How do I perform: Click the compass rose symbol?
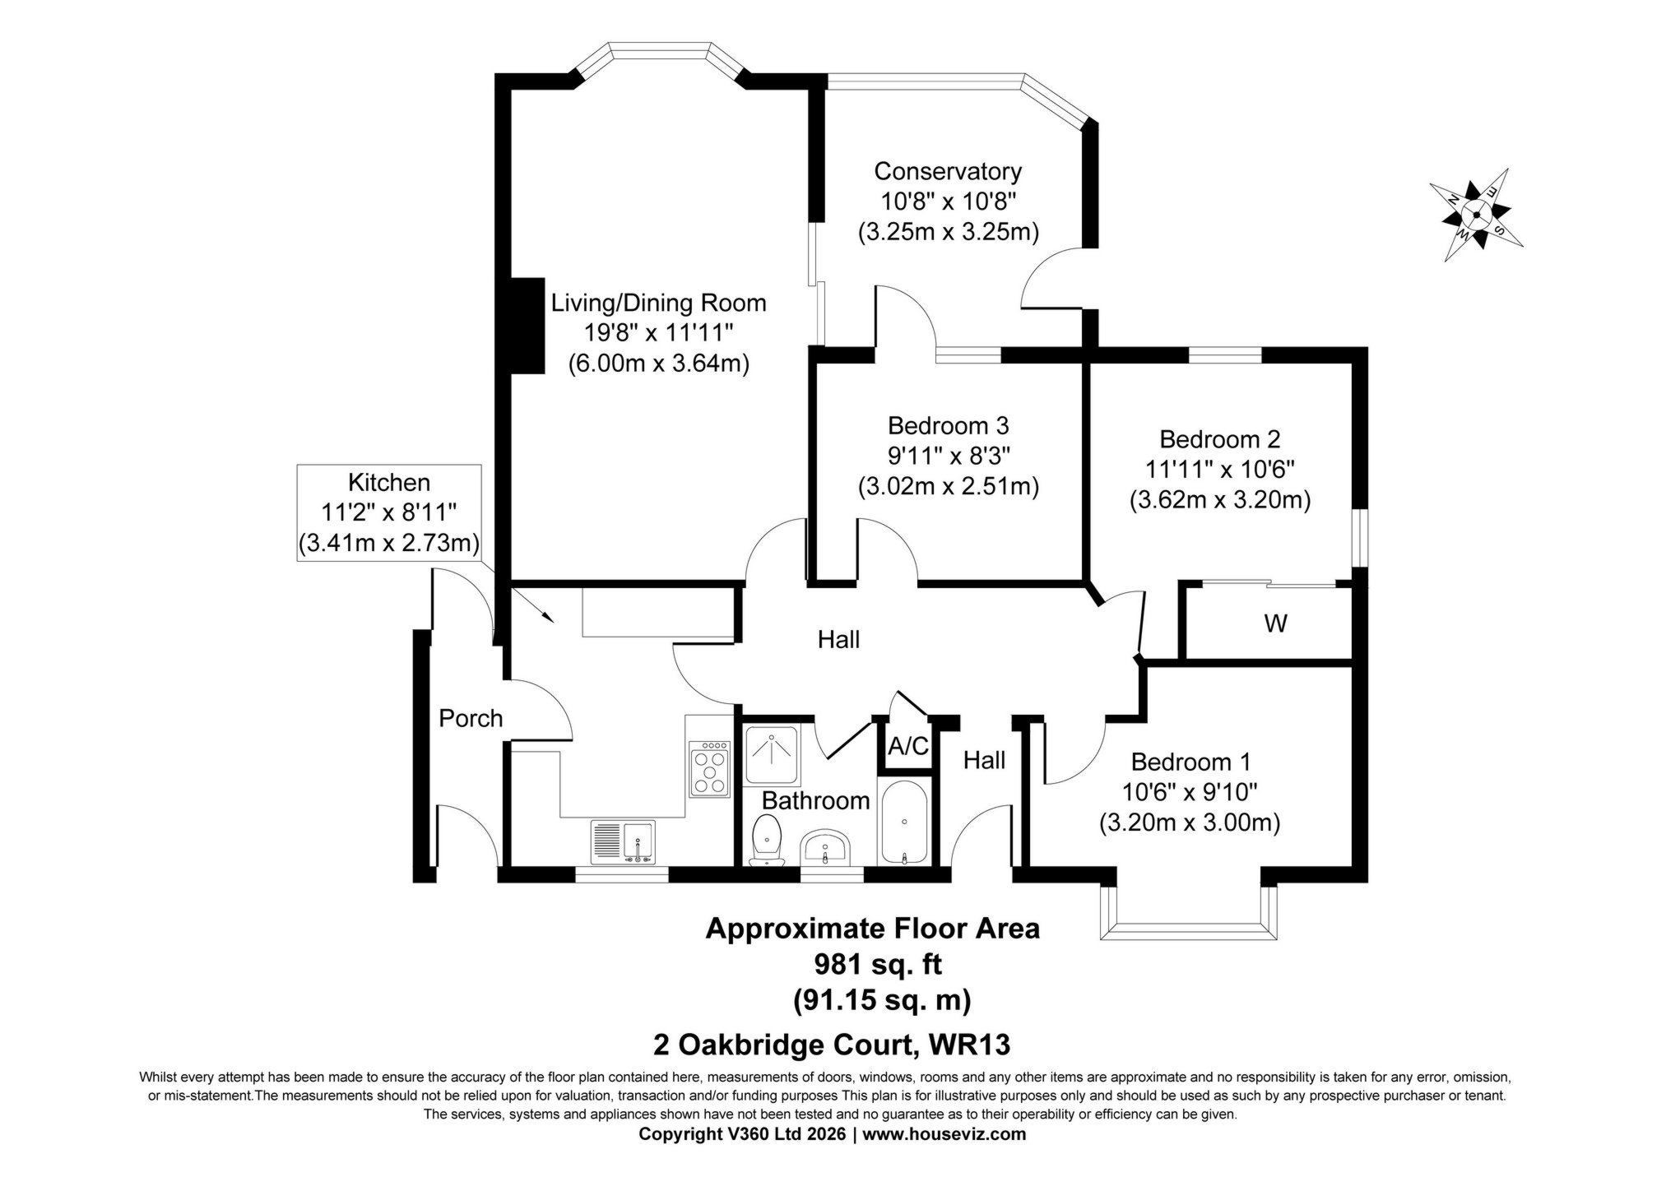[1475, 215]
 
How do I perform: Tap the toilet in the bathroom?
[768, 840]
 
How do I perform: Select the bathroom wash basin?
[825, 848]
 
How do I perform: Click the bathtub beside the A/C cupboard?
[904, 823]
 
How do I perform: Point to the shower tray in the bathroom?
[771, 754]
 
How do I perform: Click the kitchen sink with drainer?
[623, 841]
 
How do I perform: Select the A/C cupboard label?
[907, 747]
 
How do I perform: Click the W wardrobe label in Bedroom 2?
[1274, 624]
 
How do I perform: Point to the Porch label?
[470, 719]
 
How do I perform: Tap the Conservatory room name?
[947, 171]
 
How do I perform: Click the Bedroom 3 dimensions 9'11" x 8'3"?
[948, 456]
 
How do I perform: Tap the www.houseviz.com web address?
[944, 1134]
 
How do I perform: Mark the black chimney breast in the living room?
[527, 326]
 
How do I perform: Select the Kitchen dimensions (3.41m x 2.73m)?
[388, 544]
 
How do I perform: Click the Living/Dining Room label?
[658, 303]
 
